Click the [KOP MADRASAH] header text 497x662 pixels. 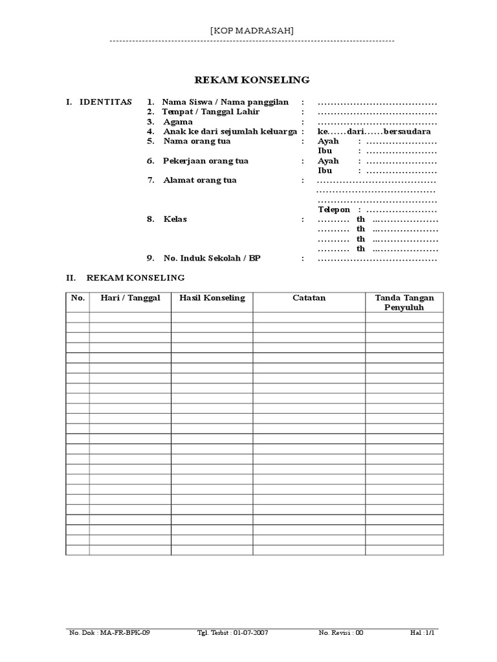click(252, 30)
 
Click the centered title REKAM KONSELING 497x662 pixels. click(252, 80)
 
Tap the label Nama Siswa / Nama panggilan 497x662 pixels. click(225, 102)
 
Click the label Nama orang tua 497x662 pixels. click(197, 141)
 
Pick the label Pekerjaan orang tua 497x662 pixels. click(206, 160)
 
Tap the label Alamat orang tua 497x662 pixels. click(199, 180)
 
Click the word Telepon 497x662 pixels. click(334, 209)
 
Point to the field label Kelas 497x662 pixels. click(175, 219)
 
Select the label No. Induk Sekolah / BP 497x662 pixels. click(215, 259)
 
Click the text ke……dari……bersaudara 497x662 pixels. click(374, 131)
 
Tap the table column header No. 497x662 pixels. click(78, 298)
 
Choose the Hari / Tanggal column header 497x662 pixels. click(130, 298)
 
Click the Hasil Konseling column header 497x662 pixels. click(212, 298)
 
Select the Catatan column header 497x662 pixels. click(309, 298)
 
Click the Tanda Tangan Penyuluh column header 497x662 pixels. click(404, 303)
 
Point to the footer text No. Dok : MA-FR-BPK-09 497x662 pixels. click(109, 633)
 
